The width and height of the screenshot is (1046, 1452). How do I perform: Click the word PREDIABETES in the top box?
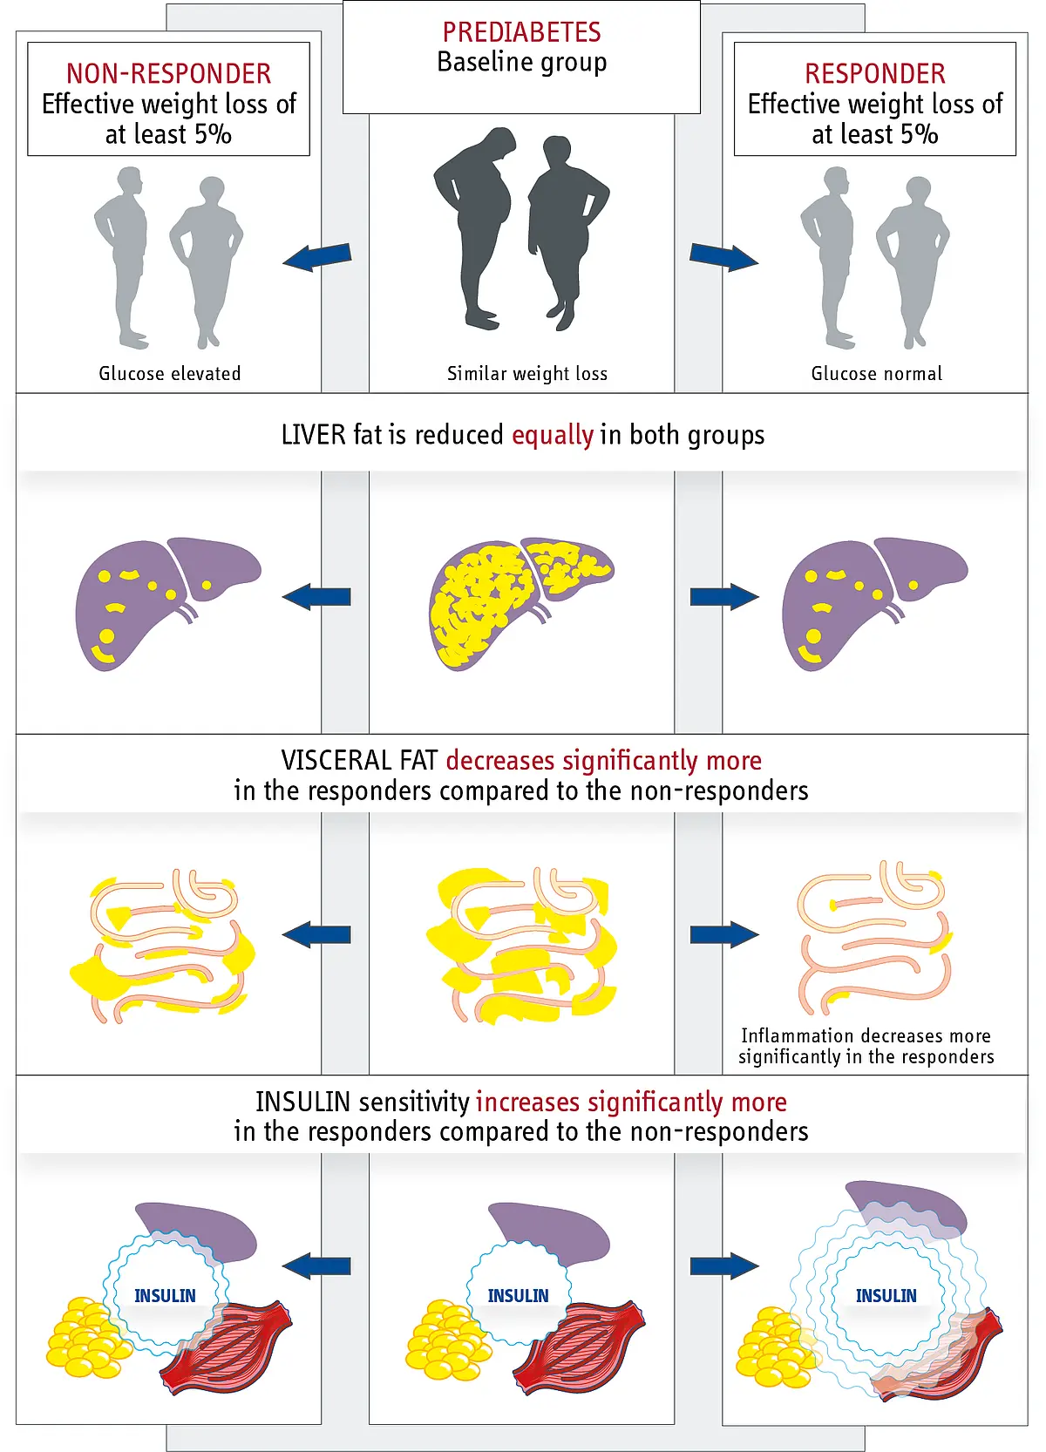(x=521, y=31)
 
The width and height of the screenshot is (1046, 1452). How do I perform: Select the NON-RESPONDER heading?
(x=168, y=73)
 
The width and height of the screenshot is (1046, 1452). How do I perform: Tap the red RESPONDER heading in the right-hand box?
(x=875, y=73)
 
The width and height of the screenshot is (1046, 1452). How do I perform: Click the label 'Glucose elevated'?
(x=169, y=373)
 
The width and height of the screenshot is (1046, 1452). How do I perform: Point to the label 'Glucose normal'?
(x=877, y=373)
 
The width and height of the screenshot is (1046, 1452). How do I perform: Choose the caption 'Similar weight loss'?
(x=527, y=374)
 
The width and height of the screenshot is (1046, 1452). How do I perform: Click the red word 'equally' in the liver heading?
(x=553, y=435)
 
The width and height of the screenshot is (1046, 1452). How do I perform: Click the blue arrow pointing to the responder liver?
(x=724, y=596)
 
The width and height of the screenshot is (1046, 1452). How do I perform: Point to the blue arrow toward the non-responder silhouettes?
(x=317, y=257)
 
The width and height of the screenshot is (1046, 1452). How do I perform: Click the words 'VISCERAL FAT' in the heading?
(x=359, y=760)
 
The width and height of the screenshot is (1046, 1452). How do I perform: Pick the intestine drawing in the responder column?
(x=875, y=937)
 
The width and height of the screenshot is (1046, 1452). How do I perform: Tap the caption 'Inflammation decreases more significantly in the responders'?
(x=866, y=1046)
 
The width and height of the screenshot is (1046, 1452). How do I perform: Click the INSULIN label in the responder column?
(x=886, y=1295)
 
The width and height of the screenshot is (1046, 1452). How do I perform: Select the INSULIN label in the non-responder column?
(x=165, y=1295)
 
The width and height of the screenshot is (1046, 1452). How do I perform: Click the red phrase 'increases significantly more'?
(x=631, y=1102)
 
